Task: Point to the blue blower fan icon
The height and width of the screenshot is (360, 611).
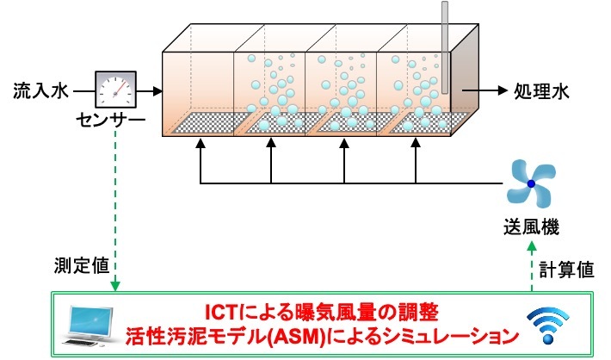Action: (530, 183)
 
